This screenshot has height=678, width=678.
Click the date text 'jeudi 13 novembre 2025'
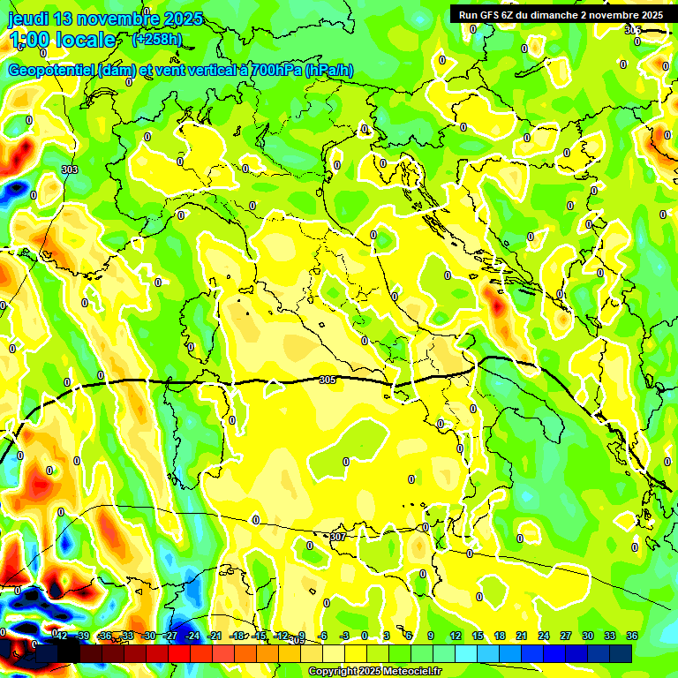(105, 19)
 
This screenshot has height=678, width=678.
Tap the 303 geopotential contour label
(70, 169)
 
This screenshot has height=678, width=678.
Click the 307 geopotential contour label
(337, 536)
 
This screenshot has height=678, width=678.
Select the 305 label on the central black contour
(327, 380)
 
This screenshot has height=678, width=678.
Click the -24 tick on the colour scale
(192, 636)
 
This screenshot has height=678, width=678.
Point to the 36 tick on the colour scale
(632, 636)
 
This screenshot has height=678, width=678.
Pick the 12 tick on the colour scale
(456, 636)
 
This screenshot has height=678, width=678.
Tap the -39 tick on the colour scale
(82, 636)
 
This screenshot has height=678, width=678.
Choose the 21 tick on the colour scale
(522, 636)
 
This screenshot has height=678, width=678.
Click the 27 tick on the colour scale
(566, 636)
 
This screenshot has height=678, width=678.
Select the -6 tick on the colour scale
(324, 636)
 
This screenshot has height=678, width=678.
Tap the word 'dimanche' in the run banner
(561, 15)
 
